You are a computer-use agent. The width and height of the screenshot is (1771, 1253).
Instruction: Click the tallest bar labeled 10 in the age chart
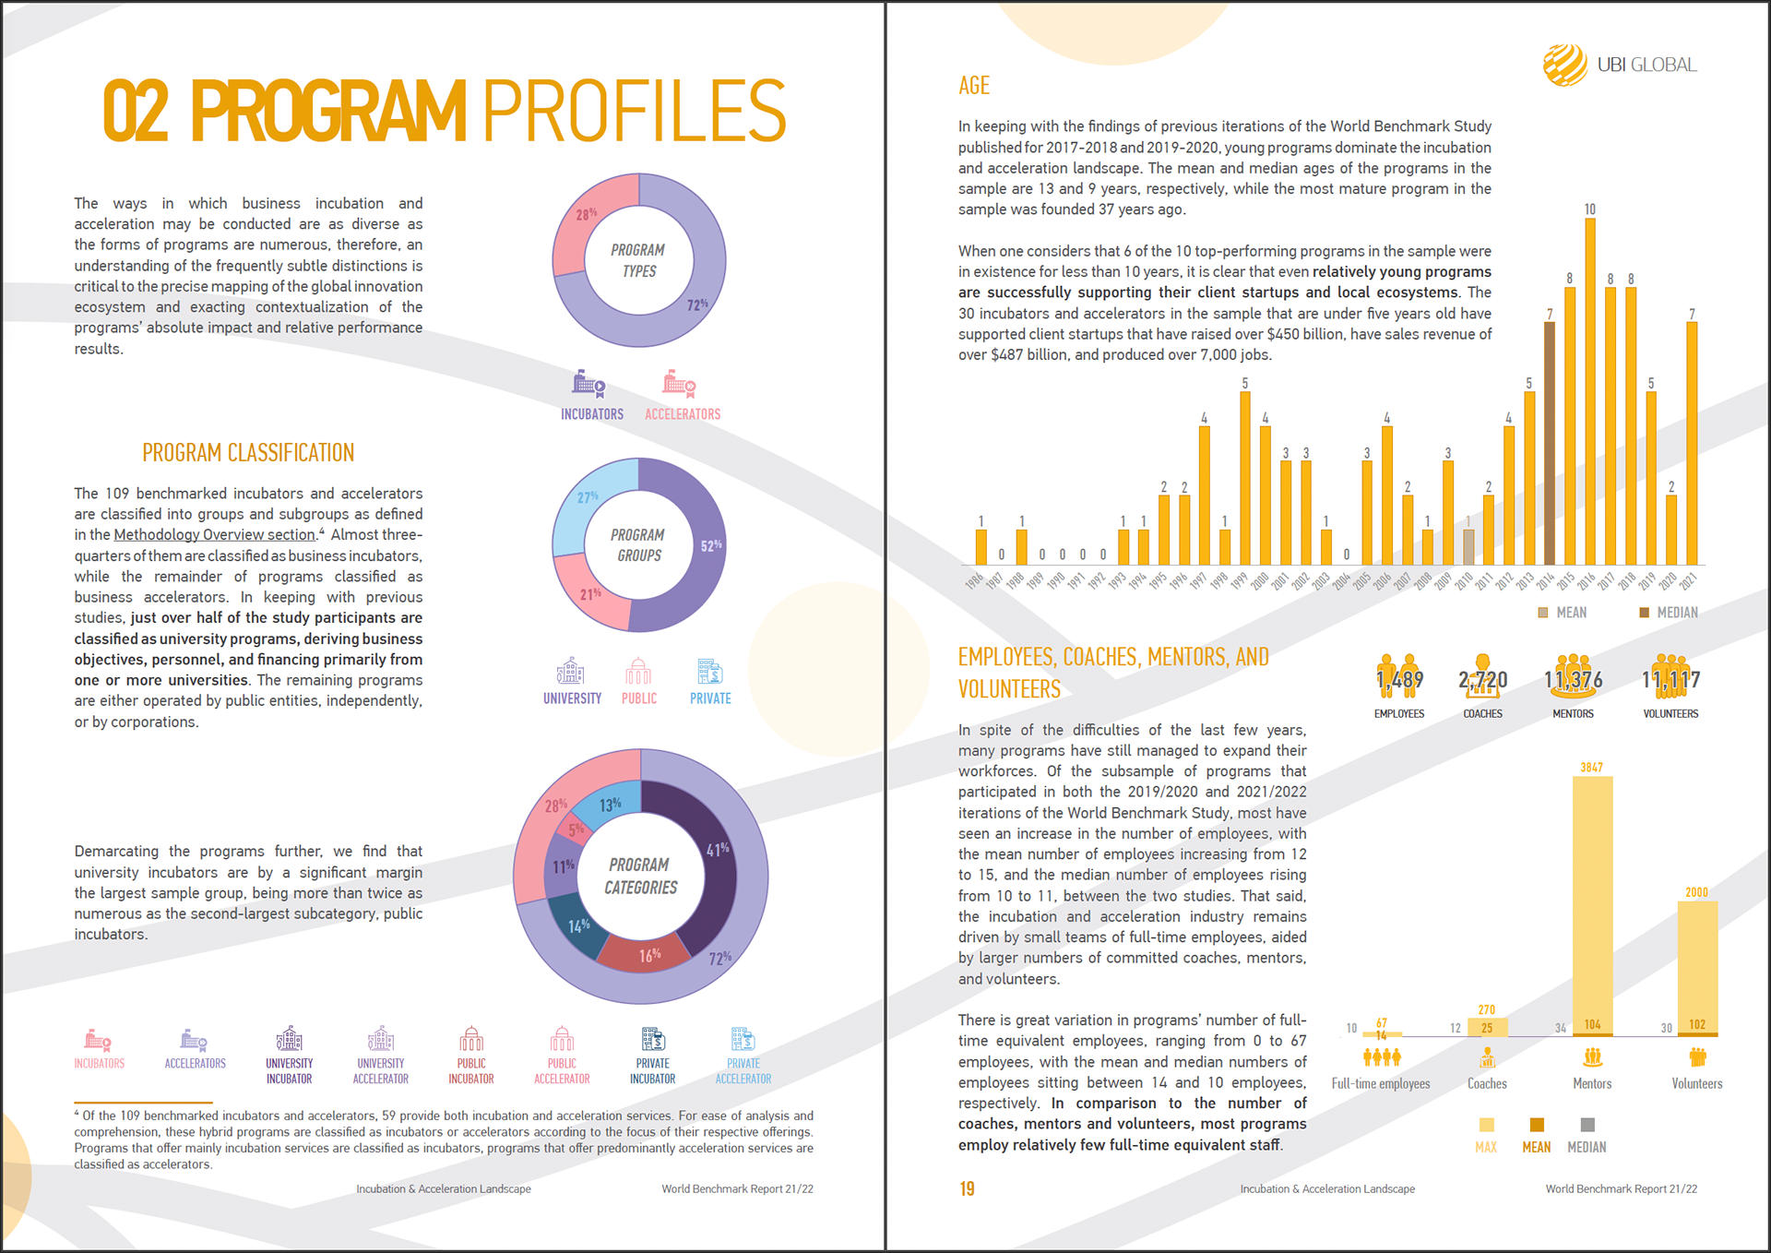1589,388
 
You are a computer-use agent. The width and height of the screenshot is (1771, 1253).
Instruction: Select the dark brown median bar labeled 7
1549,443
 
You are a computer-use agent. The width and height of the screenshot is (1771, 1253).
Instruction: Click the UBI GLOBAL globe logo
1564,65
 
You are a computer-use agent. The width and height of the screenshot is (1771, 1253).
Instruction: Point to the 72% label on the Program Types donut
697,304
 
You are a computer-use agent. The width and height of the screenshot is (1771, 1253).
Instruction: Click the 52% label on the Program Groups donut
711,545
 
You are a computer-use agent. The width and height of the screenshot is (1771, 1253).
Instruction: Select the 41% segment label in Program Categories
718,849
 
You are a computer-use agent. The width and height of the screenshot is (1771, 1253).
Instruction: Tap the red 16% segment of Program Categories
648,956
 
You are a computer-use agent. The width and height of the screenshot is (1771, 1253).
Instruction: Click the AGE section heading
973,86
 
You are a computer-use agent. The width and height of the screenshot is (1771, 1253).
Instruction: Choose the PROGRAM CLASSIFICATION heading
248,453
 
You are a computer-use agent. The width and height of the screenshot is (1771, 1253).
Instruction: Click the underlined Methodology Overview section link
215,535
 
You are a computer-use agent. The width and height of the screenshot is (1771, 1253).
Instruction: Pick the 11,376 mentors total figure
1573,680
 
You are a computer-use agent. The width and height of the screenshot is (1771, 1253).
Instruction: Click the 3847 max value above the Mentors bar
1591,767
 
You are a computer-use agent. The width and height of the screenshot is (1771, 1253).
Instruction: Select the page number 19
967,1188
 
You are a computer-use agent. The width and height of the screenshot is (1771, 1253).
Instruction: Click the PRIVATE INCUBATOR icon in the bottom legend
653,1040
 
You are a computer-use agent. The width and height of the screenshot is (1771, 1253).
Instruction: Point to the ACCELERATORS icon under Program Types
679,383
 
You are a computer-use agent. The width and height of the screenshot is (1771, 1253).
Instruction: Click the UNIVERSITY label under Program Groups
572,698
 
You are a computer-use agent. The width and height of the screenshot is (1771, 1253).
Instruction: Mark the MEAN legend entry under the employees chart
1536,1135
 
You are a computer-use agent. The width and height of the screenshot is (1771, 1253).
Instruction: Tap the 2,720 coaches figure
1482,680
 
